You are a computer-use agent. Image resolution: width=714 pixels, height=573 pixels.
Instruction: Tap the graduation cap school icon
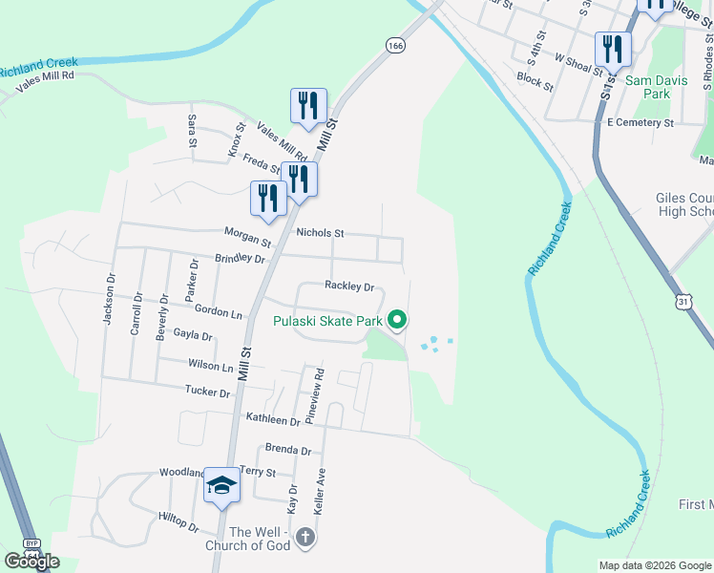pos(222,485)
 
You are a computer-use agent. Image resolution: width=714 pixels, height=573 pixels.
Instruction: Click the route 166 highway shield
pos(395,45)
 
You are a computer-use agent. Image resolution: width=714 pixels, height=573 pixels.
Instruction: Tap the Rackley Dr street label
pos(348,286)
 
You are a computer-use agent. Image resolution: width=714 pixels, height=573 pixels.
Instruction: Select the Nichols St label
pos(320,232)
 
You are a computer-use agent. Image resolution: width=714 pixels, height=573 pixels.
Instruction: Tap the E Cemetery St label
pos(640,122)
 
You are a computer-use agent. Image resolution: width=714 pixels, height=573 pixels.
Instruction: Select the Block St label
pos(535,80)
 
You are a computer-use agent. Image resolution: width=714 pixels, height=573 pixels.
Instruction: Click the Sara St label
pos(192,129)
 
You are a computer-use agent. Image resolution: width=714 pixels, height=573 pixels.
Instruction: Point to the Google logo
pos(31,561)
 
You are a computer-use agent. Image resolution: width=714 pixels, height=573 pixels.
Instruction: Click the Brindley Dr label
pos(240,258)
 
